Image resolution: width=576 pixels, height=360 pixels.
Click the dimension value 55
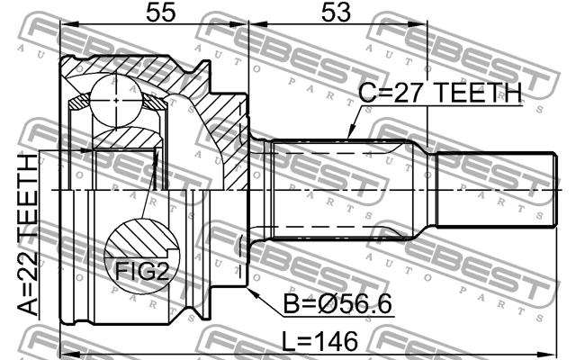(161, 12)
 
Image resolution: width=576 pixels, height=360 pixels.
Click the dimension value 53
(336, 12)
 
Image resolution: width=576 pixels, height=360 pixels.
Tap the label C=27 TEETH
(440, 93)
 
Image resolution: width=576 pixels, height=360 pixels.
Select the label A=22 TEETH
(28, 235)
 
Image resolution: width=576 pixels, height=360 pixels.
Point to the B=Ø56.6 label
(337, 303)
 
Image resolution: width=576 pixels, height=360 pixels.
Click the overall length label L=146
(319, 341)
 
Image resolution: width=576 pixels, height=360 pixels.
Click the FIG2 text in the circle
(142, 271)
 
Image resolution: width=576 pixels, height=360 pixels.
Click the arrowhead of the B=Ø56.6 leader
(252, 292)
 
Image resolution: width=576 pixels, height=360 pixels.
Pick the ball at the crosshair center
(116, 100)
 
